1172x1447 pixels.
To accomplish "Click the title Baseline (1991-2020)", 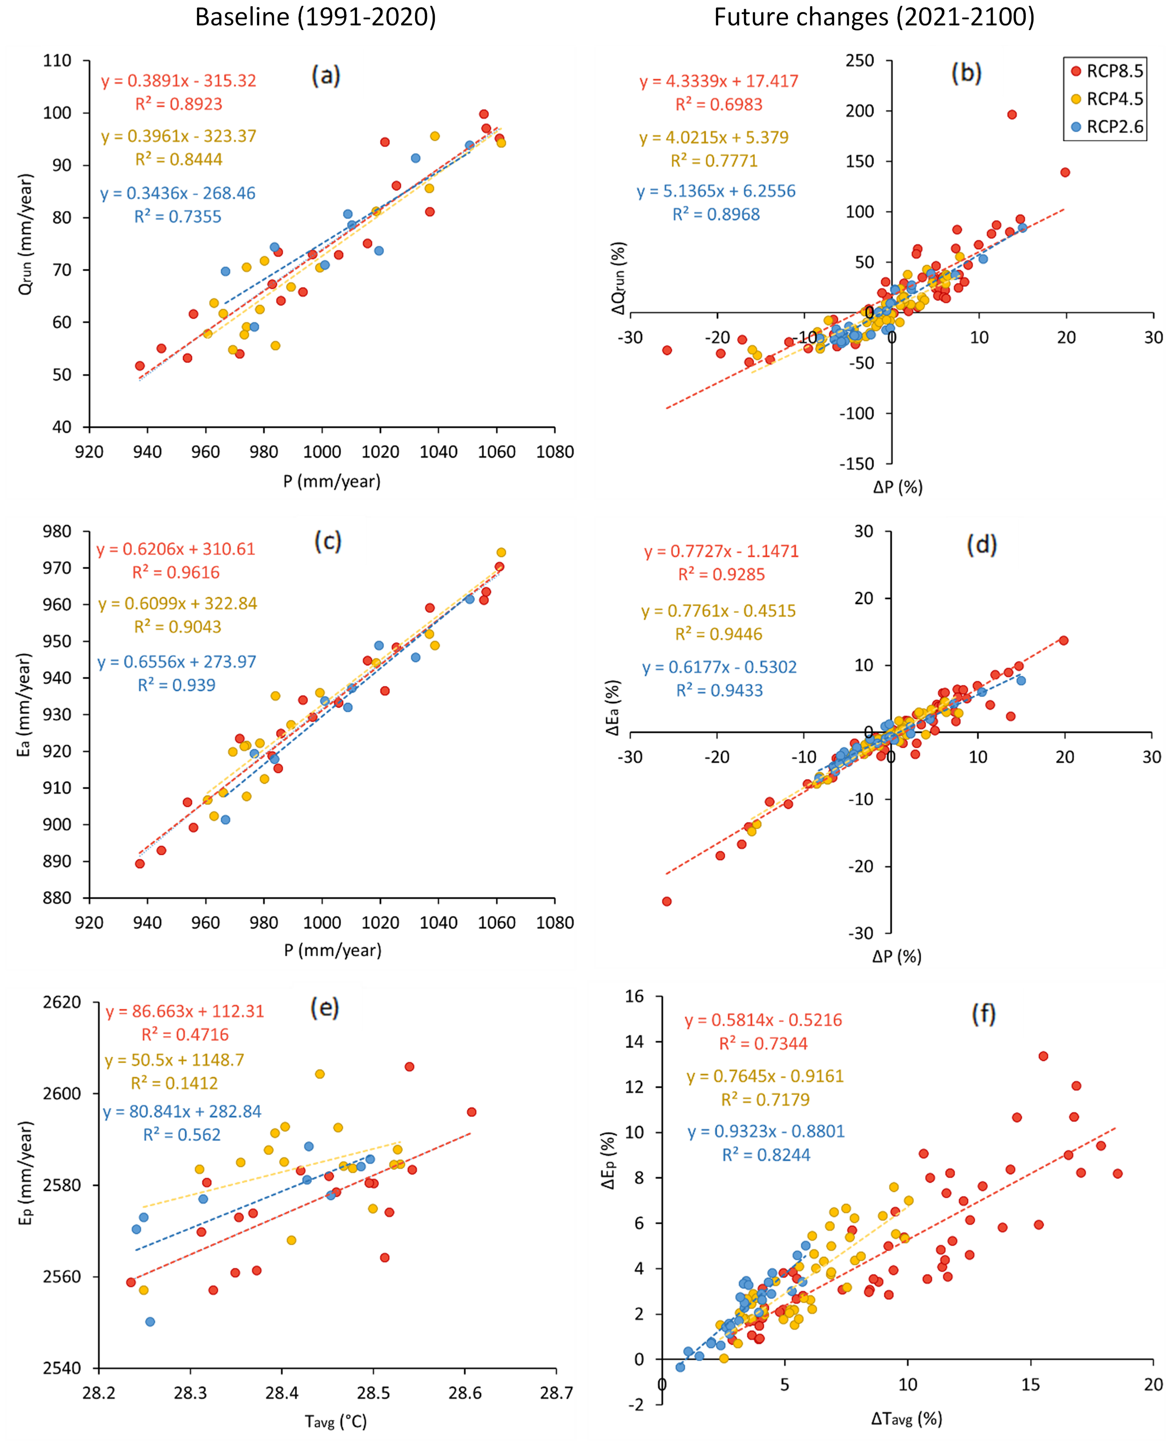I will click(315, 17).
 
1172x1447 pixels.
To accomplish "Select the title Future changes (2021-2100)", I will click(874, 17).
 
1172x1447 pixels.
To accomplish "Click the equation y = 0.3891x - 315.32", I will click(179, 81).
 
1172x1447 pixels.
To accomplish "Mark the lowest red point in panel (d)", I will click(666, 902).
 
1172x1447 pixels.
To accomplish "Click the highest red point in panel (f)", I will click(1043, 1055).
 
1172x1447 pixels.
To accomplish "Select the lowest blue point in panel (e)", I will click(150, 1321).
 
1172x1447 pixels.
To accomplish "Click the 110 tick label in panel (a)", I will click(58, 61).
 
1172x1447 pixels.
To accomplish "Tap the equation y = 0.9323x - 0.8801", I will click(766, 1131).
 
